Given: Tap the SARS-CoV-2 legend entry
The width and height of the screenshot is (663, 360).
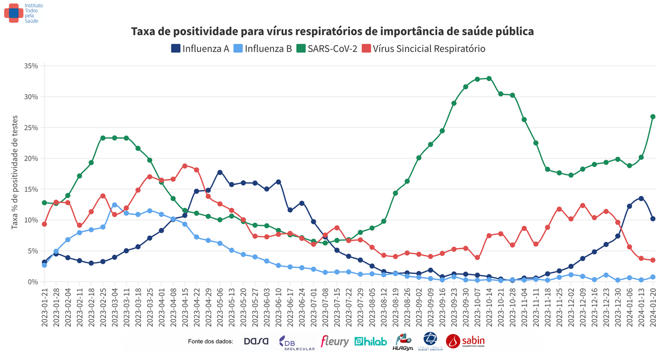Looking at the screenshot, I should point(326,49).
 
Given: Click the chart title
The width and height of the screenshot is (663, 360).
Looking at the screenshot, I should point(332,32).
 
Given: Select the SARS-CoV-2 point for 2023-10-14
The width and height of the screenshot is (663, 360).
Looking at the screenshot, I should point(489,79).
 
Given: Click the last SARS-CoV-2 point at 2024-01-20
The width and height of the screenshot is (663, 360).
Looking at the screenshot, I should point(653,117).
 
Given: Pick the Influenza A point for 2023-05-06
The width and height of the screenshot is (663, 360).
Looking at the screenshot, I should point(220,172).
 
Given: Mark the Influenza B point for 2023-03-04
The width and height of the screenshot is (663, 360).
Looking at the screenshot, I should point(114,205).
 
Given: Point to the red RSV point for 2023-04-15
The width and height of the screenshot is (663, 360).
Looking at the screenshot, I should point(185,166).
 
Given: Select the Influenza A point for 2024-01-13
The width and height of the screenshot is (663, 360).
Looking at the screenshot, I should point(641,198).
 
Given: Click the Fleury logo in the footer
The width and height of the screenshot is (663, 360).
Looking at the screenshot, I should point(335,341).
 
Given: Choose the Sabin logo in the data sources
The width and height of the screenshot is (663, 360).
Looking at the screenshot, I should point(465,341).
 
